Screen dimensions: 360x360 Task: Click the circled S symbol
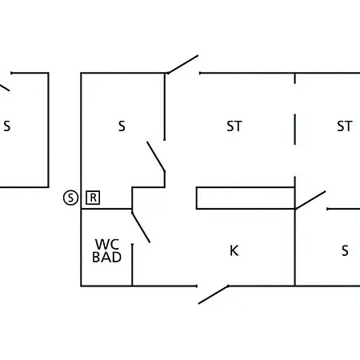tap(70, 198)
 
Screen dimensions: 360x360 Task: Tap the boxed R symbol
tap(93, 198)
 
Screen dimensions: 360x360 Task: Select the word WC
tap(107, 244)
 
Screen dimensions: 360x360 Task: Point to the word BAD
tap(106, 257)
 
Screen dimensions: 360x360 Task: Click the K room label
tap(234, 250)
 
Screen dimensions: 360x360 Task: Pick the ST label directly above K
tap(234, 126)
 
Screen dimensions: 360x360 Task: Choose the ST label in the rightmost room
tap(345, 126)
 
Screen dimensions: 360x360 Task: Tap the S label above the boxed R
tap(122, 126)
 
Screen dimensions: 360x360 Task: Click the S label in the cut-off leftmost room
tap(7, 126)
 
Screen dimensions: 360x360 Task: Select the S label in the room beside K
tap(345, 250)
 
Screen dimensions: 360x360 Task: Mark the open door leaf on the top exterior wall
tap(183, 64)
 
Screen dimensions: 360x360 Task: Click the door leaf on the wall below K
tap(214, 294)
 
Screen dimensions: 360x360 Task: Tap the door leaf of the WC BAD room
tap(141, 227)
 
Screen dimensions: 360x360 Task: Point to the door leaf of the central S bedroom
tap(156, 156)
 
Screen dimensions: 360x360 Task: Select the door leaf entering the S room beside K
tap(310, 200)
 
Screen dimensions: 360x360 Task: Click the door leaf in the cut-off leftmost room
tap(5, 88)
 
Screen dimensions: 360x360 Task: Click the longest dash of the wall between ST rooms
tap(295, 130)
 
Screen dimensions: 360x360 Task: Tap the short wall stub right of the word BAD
tap(132, 265)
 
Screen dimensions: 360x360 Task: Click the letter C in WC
tap(114, 244)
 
